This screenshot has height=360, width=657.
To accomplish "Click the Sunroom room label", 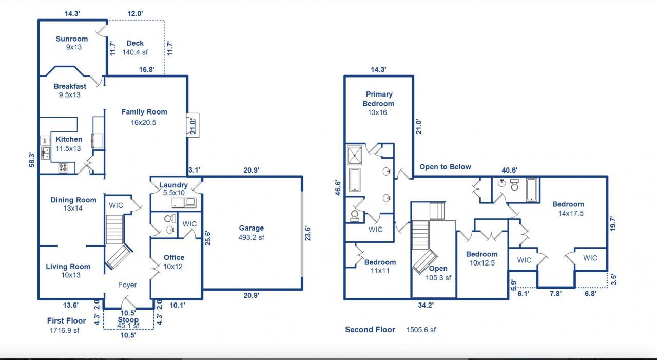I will pos(72,39).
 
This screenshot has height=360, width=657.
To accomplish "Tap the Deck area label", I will pos(135,43).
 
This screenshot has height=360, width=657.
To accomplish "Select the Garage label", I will pos(251,228).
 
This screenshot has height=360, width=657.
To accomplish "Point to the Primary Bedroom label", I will pos(379,99).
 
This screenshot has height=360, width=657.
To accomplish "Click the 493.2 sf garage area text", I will pos(251,237).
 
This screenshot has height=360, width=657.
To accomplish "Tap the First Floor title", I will pos(66,320).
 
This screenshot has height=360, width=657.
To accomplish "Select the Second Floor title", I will pos(370,330).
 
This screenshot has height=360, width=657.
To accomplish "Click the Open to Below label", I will pos(445,167).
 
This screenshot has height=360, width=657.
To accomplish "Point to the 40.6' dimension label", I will pos(510,170).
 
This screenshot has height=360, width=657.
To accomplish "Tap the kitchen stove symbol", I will pos(64,167).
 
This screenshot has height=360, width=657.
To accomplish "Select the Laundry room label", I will pos(173,185).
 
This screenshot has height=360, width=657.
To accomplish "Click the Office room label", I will pos(174,257).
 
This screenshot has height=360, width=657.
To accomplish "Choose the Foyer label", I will pos(127,285).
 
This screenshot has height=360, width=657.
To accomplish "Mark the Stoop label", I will pos(128,320).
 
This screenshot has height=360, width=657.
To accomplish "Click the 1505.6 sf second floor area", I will pos(421,330).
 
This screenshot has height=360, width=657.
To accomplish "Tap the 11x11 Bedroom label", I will pos(380,271).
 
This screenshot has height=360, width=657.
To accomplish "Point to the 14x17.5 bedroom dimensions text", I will pos(571,214).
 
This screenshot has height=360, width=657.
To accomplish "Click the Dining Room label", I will pos(73,200).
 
